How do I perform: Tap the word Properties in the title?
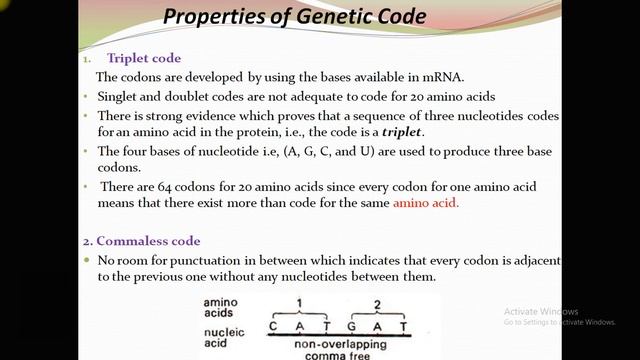[x=209, y=17]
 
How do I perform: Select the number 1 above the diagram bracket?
[x=298, y=301]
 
